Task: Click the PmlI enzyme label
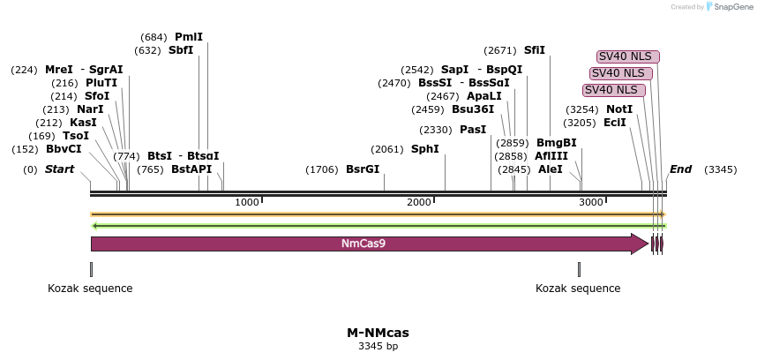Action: click(189, 37)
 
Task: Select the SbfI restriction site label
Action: click(181, 50)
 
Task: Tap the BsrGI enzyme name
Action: click(363, 169)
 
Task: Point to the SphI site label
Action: click(425, 149)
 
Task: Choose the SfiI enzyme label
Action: click(535, 50)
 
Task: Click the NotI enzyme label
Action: click(619, 109)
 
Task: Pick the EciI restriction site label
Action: click(615, 123)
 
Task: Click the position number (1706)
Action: click(322, 170)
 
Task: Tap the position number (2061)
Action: click(387, 150)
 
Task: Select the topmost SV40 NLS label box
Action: click(628, 57)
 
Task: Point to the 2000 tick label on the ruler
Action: click(418, 202)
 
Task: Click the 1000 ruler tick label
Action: click(247, 202)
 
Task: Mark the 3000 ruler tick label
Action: click(591, 202)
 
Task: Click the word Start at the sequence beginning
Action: click(60, 169)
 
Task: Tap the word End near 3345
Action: click(681, 169)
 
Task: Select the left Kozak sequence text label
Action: click(90, 289)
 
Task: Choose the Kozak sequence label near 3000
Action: click(578, 289)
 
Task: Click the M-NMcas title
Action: click(378, 333)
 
